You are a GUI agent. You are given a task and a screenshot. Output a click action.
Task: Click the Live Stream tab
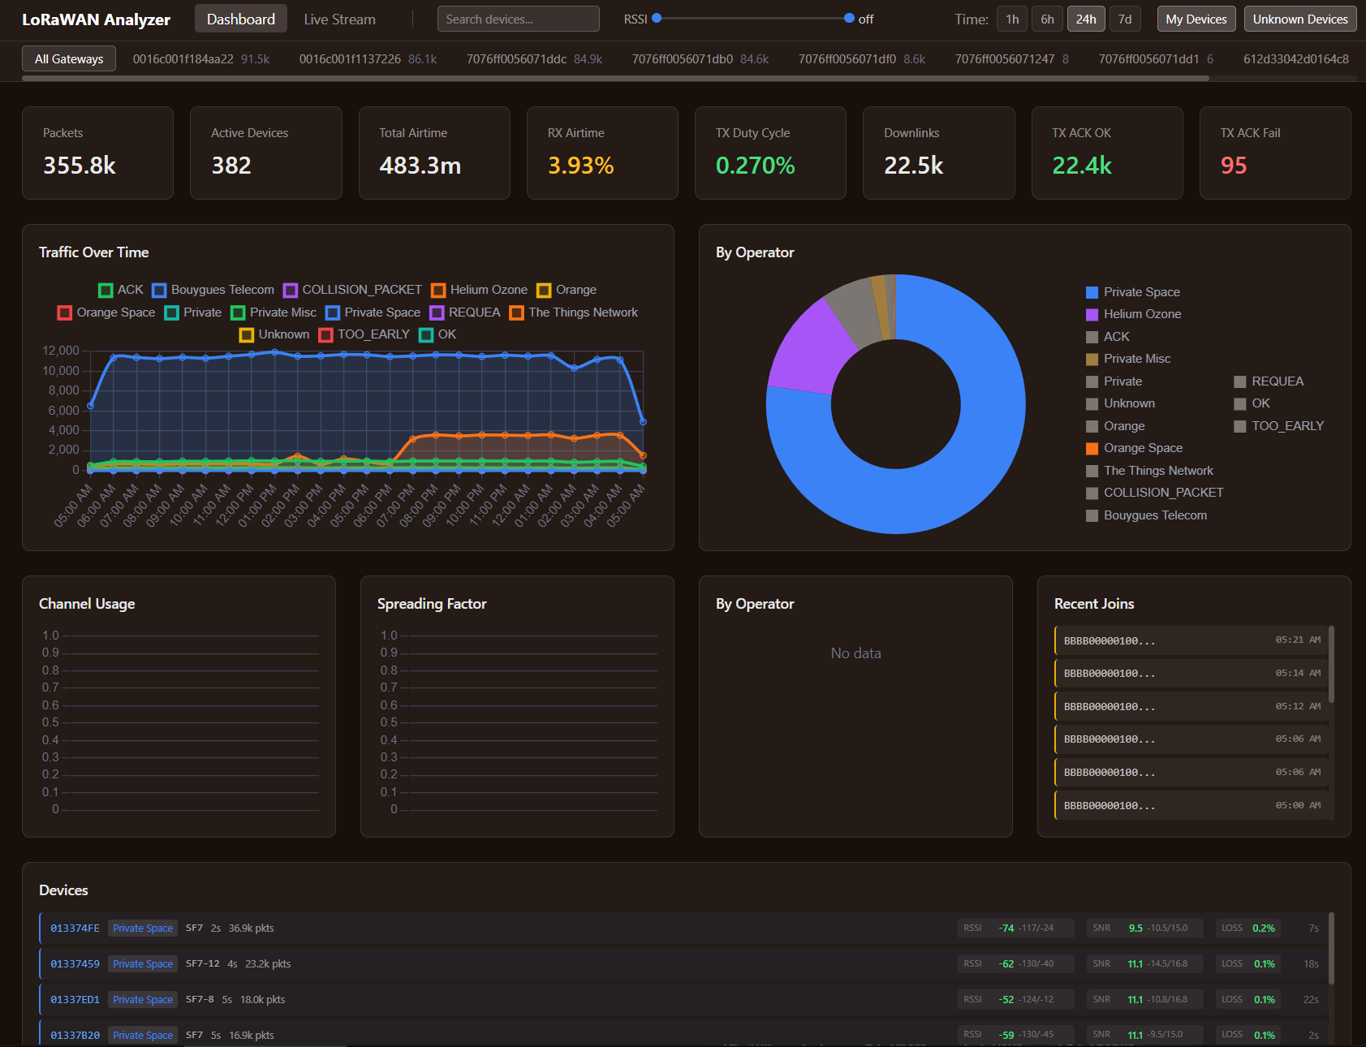pyautogui.click(x=339, y=19)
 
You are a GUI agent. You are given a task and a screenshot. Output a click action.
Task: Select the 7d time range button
pyautogui.click(x=1124, y=19)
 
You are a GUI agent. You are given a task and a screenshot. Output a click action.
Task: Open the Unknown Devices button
pyautogui.click(x=1299, y=19)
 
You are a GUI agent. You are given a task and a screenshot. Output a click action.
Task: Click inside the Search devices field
pyautogui.click(x=518, y=19)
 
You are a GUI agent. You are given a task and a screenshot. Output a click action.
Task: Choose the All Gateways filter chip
pyautogui.click(x=69, y=59)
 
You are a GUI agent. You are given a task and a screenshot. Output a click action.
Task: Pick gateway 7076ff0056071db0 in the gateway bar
pyautogui.click(x=682, y=59)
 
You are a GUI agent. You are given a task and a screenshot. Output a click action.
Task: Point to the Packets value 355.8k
pyautogui.click(x=80, y=166)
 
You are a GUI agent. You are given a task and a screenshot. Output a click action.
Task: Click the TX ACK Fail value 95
pyautogui.click(x=1233, y=166)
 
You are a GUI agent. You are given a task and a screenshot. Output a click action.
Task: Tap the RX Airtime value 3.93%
pyautogui.click(x=580, y=166)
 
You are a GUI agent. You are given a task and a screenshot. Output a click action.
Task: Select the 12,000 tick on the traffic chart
pyautogui.click(x=61, y=351)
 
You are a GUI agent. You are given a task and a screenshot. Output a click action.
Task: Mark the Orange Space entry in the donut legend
pyautogui.click(x=1142, y=448)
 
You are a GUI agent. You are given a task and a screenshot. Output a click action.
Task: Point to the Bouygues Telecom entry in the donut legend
pyautogui.click(x=1154, y=515)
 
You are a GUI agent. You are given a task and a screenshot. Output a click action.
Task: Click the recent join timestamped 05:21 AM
pyautogui.click(x=1190, y=640)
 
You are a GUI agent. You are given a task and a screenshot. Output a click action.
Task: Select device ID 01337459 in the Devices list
pyautogui.click(x=75, y=964)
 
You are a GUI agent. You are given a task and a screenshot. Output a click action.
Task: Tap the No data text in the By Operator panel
pyautogui.click(x=855, y=653)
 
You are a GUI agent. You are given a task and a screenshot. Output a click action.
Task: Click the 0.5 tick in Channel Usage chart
pyautogui.click(x=50, y=722)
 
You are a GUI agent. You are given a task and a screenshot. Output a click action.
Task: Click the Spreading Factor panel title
pyautogui.click(x=432, y=604)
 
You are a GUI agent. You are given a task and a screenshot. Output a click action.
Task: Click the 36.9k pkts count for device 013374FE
pyautogui.click(x=251, y=929)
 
